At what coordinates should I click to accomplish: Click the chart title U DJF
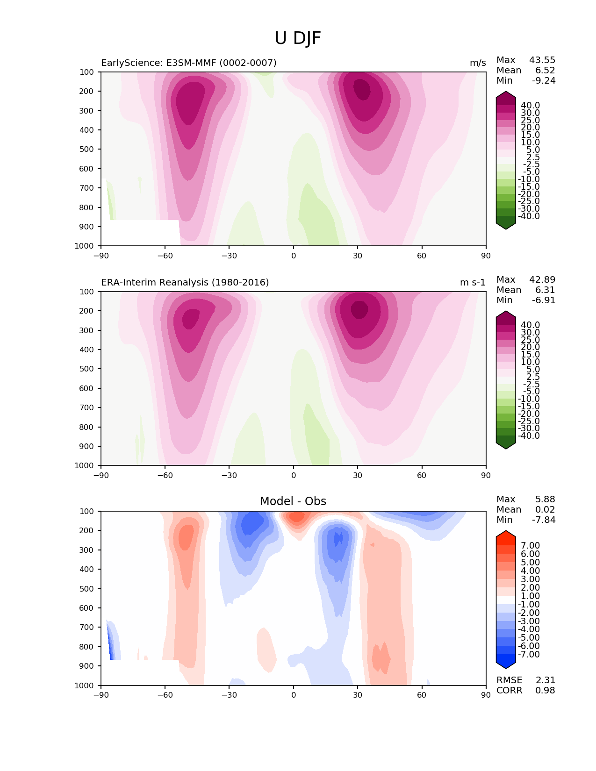click(298, 38)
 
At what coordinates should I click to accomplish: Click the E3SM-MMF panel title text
click(189, 63)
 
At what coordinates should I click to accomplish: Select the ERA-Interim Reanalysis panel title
click(185, 282)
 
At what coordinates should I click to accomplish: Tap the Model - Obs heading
click(293, 501)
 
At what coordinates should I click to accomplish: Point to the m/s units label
click(478, 63)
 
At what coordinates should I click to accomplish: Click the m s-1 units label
click(473, 282)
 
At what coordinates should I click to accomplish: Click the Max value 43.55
click(542, 60)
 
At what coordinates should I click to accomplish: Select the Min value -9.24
click(544, 80)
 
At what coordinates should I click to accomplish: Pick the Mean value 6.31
click(546, 290)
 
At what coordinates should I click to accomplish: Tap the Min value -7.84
click(544, 520)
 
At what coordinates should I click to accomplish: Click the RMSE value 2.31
click(545, 680)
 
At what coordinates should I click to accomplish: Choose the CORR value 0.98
click(545, 690)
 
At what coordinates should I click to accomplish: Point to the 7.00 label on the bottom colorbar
click(531, 545)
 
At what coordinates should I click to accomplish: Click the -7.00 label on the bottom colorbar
click(529, 654)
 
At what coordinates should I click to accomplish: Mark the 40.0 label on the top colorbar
click(531, 105)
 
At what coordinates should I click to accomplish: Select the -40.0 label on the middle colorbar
click(529, 435)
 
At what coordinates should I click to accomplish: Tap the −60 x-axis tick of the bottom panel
click(165, 695)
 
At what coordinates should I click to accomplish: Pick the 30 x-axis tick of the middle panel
click(358, 475)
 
